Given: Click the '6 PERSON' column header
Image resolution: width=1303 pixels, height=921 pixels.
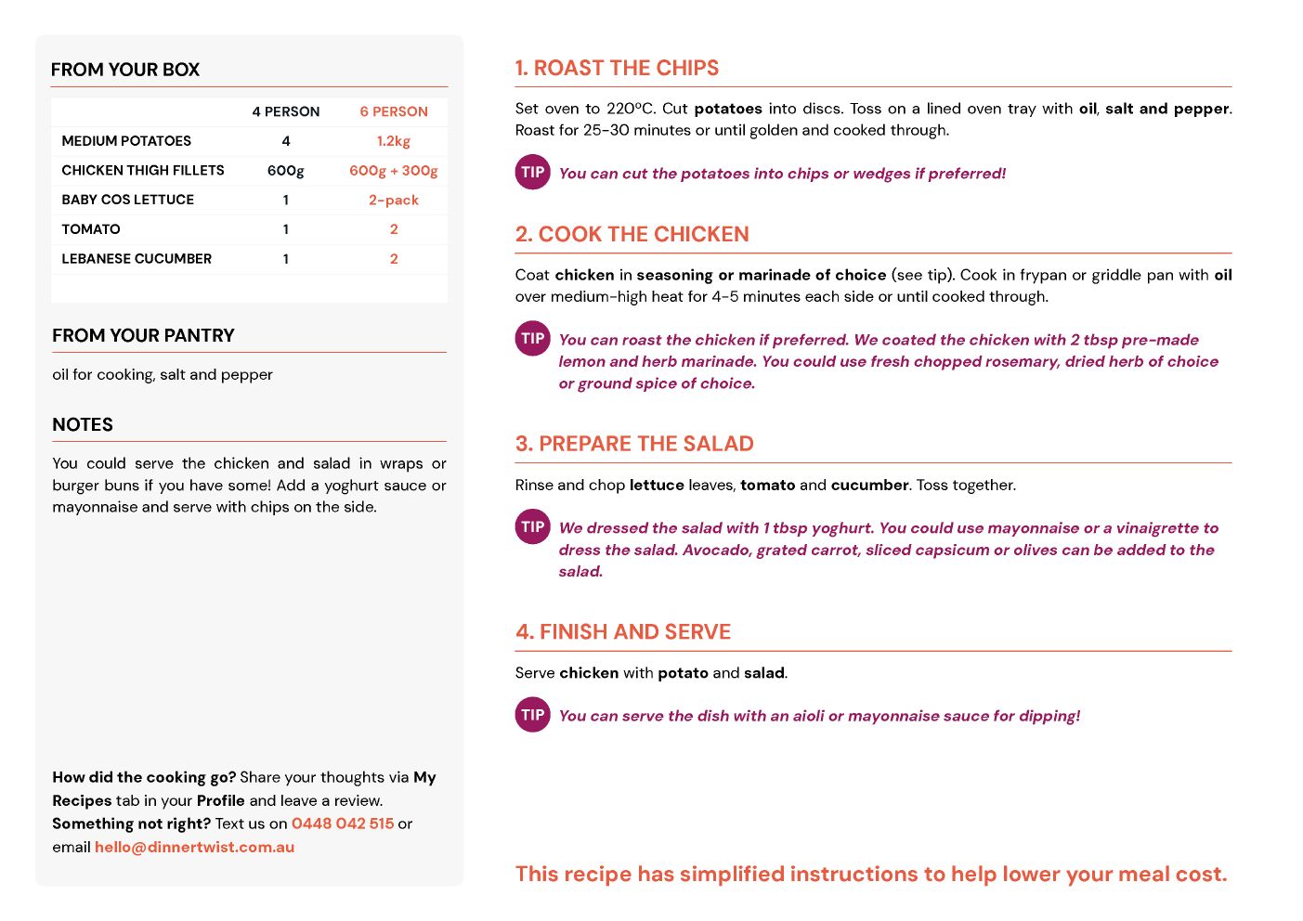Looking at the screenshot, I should [x=394, y=111].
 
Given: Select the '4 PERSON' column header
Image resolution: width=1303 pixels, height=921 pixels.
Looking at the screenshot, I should [x=286, y=111].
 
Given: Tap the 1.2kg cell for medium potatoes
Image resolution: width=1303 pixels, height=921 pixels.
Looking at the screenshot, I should [x=394, y=141].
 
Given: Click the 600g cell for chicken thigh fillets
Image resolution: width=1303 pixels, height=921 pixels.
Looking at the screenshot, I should [x=286, y=171].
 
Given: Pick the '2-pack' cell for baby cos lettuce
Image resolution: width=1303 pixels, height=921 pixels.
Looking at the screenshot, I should [x=394, y=200].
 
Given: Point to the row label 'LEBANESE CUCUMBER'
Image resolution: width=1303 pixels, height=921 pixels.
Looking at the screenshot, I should [x=137, y=259].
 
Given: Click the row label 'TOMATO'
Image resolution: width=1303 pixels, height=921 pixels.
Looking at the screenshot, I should [x=91, y=229].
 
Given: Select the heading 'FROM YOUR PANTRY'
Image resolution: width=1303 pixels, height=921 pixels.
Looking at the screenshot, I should [x=143, y=335].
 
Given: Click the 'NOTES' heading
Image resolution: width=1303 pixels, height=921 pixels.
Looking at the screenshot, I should [x=83, y=424].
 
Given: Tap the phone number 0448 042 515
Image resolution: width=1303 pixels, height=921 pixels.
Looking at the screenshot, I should [x=343, y=824].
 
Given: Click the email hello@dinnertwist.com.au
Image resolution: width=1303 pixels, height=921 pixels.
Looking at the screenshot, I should [x=194, y=847].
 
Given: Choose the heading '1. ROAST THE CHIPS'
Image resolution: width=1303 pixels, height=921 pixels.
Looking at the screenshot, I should [x=617, y=68].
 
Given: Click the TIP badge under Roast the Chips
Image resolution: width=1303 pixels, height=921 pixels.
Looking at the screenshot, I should [x=533, y=173].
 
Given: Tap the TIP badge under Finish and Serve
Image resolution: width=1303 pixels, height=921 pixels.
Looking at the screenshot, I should [x=533, y=715].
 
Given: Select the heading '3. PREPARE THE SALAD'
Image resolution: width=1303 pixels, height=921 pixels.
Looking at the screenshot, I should [x=634, y=444].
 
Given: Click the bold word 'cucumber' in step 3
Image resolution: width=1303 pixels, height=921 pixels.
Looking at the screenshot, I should [x=869, y=485].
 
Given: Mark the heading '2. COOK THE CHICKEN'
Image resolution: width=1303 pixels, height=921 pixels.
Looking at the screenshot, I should [x=632, y=234].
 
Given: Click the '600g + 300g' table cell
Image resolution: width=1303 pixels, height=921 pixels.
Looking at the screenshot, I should [x=394, y=171].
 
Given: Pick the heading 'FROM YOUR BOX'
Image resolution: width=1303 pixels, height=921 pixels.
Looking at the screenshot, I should [x=125, y=70].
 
